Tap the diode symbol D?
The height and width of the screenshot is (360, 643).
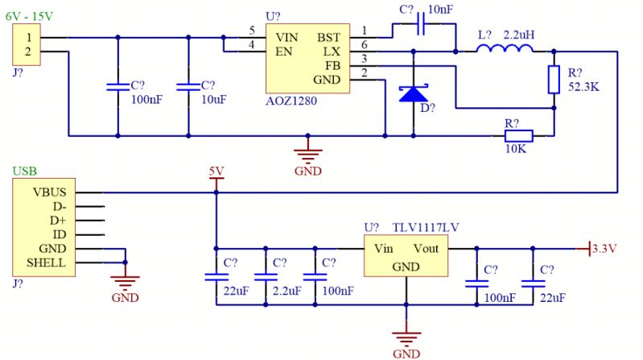(x=413, y=93)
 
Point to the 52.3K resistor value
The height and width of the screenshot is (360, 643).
(x=583, y=86)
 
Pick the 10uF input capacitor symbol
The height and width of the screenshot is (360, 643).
(x=188, y=85)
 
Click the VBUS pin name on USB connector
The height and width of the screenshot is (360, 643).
(x=50, y=192)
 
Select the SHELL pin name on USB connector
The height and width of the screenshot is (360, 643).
(x=46, y=263)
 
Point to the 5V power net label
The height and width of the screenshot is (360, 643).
(x=216, y=172)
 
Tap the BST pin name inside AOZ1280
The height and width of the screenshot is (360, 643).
(x=328, y=37)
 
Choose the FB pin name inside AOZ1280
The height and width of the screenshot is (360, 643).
(x=333, y=65)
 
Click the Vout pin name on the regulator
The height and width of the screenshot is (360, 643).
(x=426, y=248)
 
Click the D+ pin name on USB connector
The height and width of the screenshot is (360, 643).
(x=57, y=220)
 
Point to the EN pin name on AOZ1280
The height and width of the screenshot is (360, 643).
(x=283, y=52)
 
